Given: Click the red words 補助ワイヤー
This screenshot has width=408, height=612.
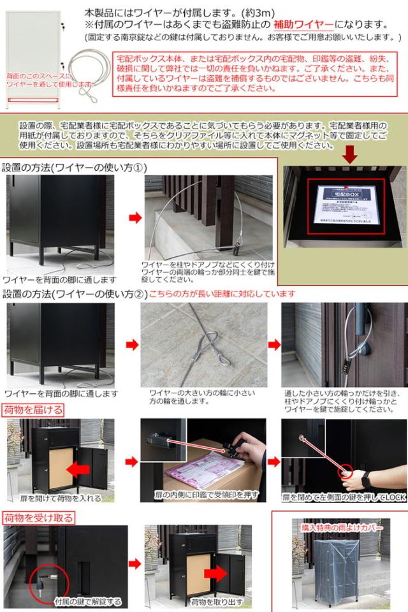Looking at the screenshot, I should click(x=303, y=25).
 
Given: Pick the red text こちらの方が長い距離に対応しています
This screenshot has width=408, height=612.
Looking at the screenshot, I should click(x=222, y=294).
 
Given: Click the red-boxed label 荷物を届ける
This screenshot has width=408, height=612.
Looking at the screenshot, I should click(x=33, y=409).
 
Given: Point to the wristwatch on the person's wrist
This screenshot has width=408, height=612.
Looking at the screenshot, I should click(x=368, y=476).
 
